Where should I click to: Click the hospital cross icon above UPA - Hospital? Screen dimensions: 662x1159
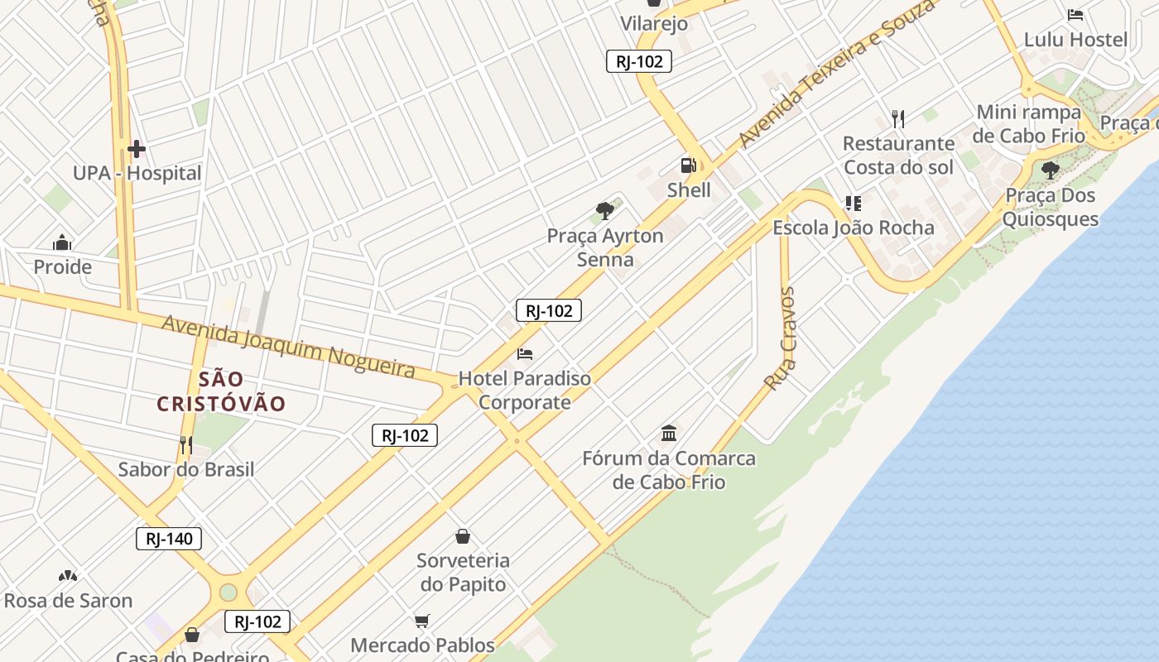click(x=137, y=150)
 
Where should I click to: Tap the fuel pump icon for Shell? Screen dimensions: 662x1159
click(x=688, y=165)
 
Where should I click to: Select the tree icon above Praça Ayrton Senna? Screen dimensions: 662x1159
click(x=605, y=211)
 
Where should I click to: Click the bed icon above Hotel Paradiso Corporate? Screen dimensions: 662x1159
click(x=525, y=354)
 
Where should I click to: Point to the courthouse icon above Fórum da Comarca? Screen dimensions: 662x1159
click(x=669, y=433)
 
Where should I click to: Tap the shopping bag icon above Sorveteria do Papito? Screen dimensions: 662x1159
click(x=463, y=536)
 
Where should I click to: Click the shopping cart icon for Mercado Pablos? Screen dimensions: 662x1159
click(x=422, y=621)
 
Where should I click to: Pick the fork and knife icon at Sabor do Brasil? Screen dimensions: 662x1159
click(x=186, y=445)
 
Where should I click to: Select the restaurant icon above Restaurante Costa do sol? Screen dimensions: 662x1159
click(x=898, y=119)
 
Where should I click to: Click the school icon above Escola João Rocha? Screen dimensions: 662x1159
click(x=854, y=204)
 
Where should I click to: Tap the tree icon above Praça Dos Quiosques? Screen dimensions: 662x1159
click(x=1051, y=171)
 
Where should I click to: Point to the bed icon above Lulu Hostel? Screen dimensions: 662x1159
click(x=1075, y=15)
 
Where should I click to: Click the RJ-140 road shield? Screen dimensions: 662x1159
click(x=169, y=540)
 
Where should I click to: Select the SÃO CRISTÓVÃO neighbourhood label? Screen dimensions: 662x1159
click(x=222, y=391)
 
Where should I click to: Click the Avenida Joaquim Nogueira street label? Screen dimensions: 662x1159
click(x=288, y=345)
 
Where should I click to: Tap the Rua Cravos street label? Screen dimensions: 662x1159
click(x=781, y=338)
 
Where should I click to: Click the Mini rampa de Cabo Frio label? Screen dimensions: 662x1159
click(x=1029, y=123)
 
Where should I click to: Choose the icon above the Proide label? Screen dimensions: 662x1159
click(x=62, y=243)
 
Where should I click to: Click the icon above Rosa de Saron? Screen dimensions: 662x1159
click(x=68, y=576)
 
